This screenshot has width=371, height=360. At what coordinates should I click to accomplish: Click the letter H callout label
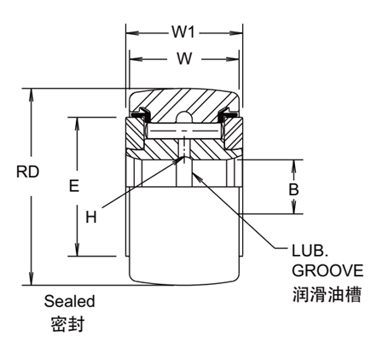(92, 217)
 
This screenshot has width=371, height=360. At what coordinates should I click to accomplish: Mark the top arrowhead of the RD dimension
(32, 91)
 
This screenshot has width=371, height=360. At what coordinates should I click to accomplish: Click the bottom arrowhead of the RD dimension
(32, 281)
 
